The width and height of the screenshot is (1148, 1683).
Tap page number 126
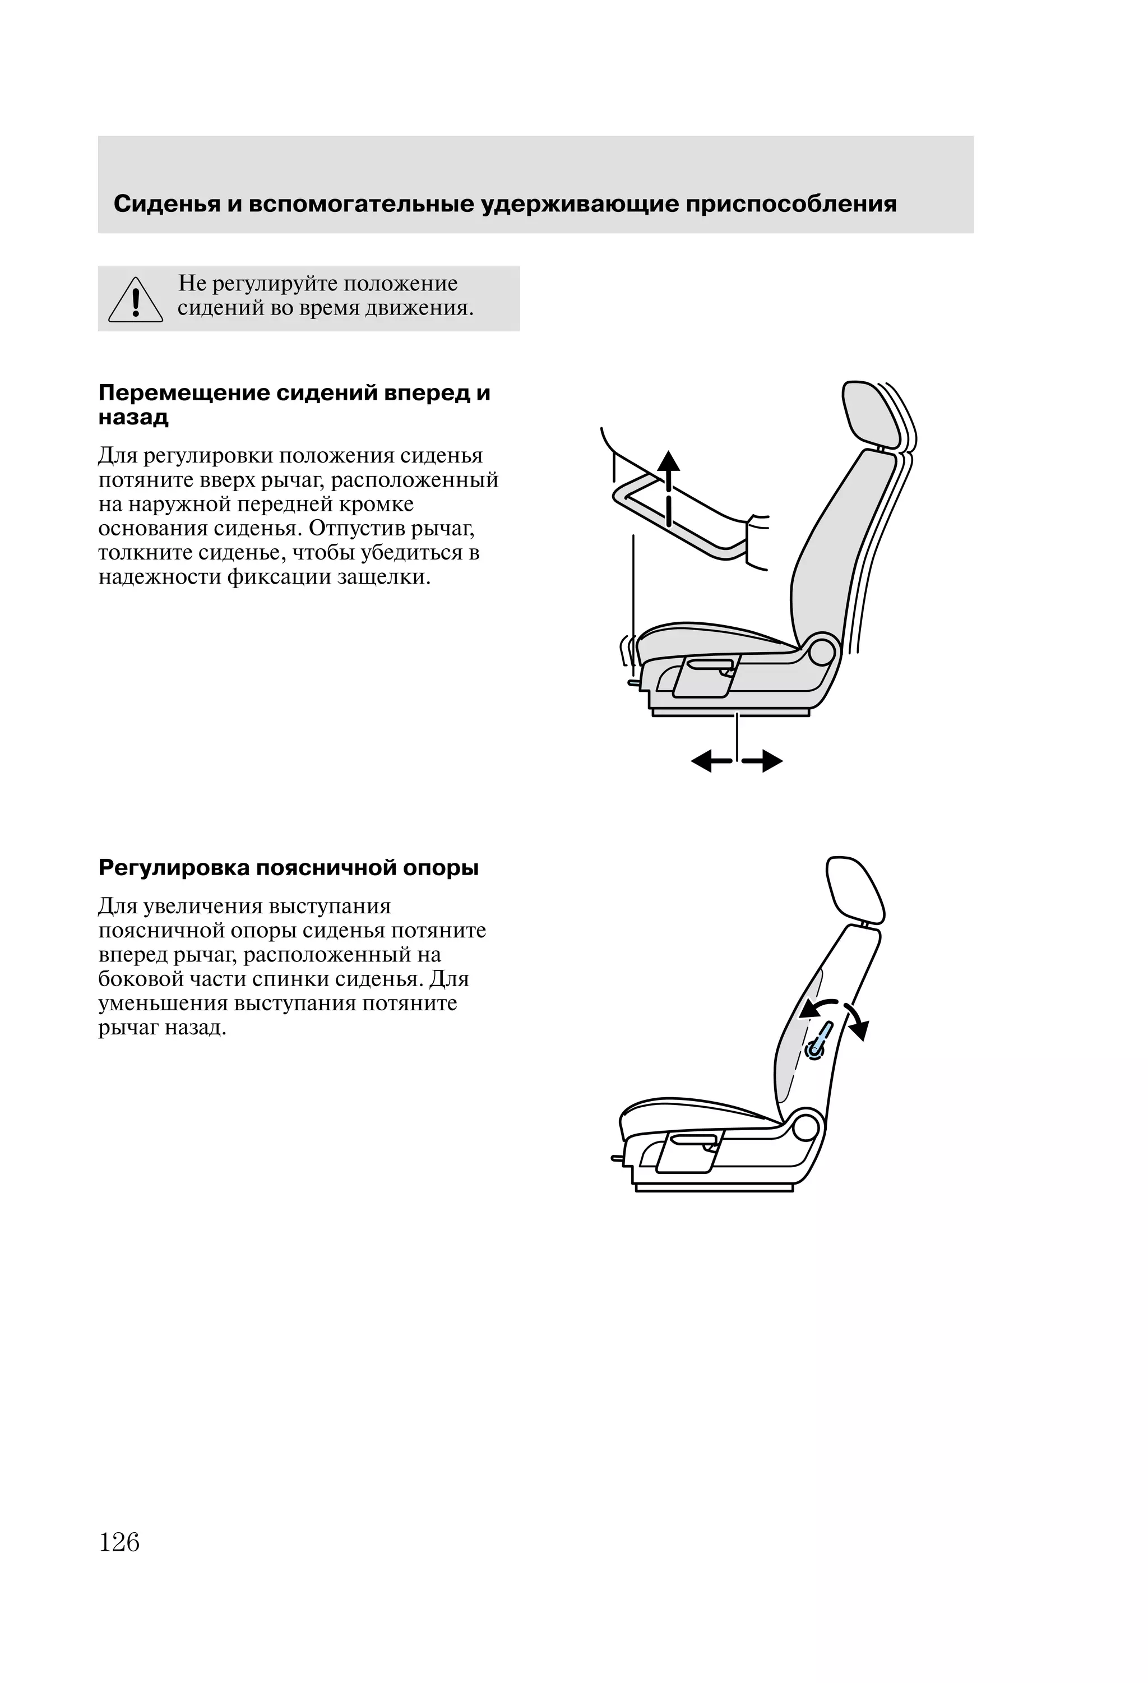(x=119, y=1542)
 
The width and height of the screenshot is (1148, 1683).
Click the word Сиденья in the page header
(x=166, y=204)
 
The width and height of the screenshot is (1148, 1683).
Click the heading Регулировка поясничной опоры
(x=288, y=868)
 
